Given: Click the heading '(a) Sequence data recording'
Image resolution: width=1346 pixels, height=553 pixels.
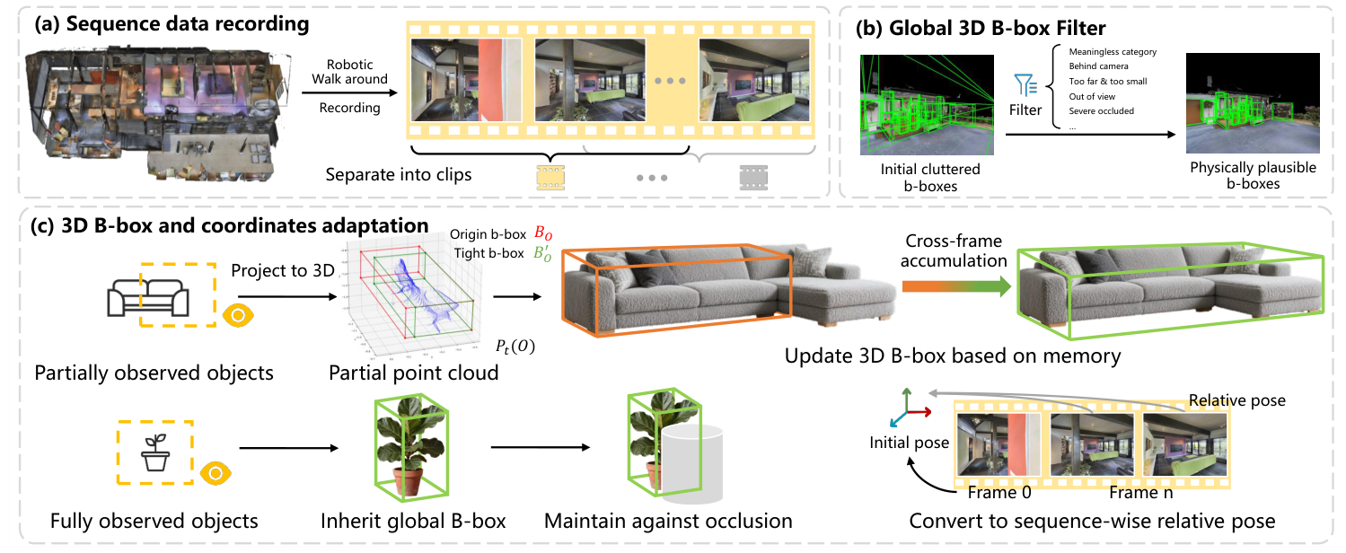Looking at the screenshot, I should tap(172, 24).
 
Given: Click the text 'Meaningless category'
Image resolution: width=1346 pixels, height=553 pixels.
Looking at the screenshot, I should tap(1112, 52).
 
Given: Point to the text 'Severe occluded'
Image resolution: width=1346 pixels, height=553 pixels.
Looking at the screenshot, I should tap(1101, 111).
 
